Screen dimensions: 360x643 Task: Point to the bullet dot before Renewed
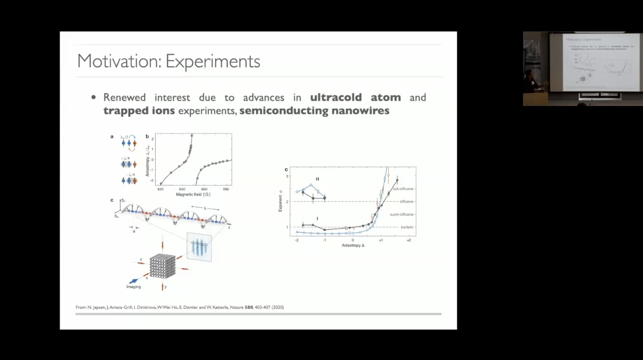pos(94,98)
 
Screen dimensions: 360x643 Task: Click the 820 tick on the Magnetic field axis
pos(160,189)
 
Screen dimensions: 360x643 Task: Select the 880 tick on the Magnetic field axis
pos(226,189)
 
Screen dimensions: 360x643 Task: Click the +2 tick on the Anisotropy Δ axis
pos(408,241)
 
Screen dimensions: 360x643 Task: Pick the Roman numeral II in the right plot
pos(318,178)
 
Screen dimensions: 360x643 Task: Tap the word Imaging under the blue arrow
pos(134,286)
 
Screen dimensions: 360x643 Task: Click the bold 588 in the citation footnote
pos(249,308)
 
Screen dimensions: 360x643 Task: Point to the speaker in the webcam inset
pos(530,81)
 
